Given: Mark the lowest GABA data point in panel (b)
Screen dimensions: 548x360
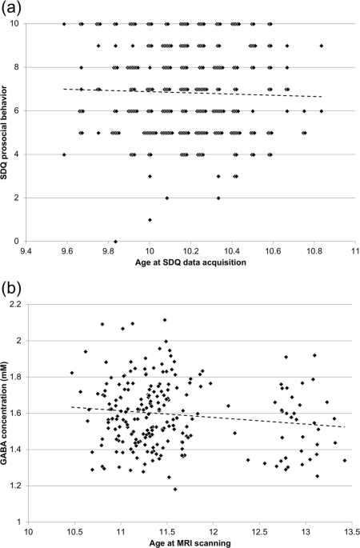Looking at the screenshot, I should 175,489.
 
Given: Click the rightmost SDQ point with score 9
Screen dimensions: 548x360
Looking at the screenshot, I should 322,46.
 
